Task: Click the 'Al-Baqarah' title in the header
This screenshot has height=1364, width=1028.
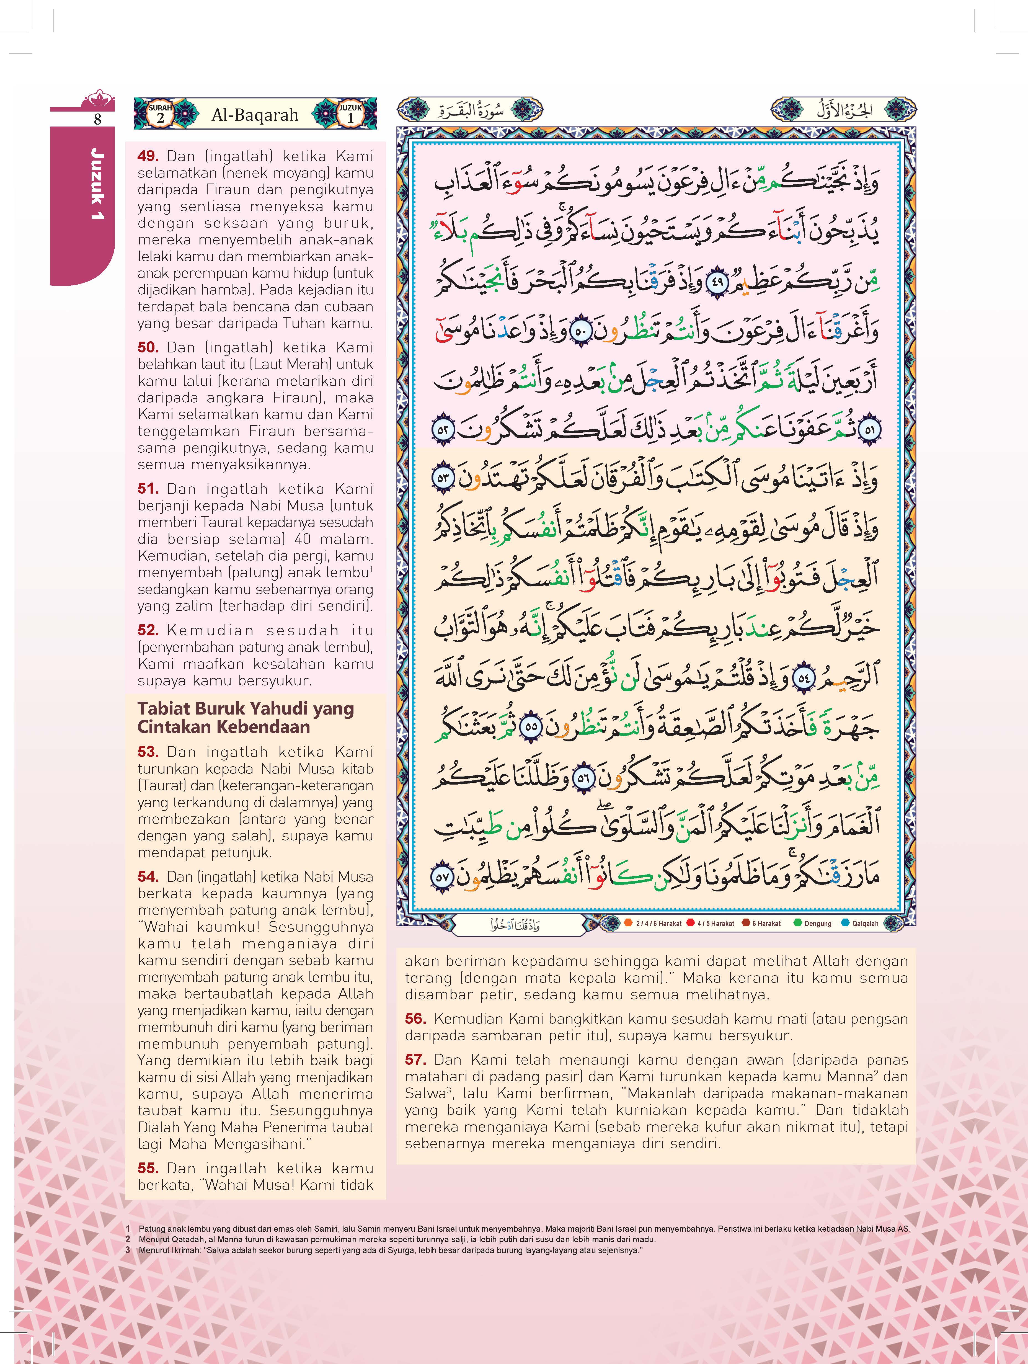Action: click(255, 115)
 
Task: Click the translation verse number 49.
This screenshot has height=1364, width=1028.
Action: click(148, 157)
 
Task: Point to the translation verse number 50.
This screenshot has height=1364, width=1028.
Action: click(148, 348)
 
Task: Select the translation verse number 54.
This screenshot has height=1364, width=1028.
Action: click(148, 877)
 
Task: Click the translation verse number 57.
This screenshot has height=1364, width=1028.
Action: click(416, 1060)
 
